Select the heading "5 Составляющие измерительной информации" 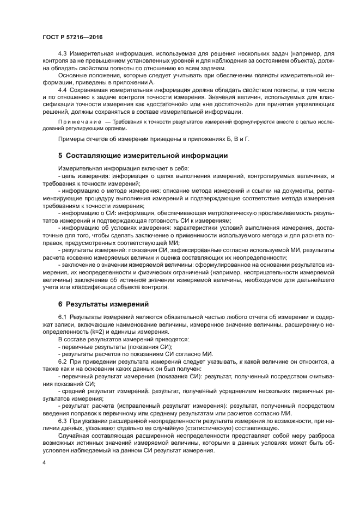click(143, 156)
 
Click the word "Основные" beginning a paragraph click(72, 75)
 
